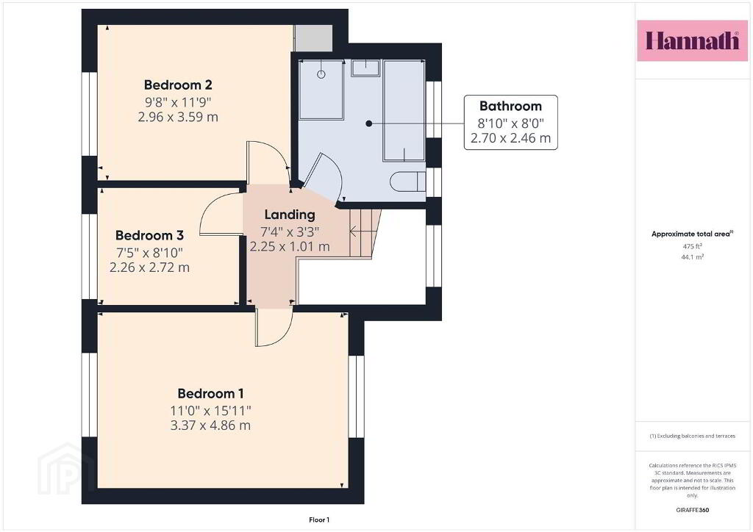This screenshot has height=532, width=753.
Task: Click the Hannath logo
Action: [x=692, y=40]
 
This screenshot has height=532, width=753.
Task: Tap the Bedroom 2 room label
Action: [x=178, y=85]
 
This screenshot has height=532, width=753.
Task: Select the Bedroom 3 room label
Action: [x=149, y=236]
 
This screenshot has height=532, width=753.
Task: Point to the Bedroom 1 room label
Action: [x=210, y=394]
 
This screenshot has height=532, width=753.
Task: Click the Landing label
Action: [x=290, y=215]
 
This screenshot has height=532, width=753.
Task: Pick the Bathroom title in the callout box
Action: [x=510, y=106]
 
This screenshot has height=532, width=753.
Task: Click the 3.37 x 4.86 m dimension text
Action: [x=210, y=425]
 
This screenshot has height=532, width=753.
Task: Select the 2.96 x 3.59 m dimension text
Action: [x=178, y=117]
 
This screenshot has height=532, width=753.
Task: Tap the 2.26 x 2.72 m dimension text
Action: [x=149, y=267]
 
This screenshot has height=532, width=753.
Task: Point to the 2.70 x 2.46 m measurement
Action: [x=510, y=138]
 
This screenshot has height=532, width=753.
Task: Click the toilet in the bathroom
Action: [x=407, y=181]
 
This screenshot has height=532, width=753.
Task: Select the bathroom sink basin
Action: [x=365, y=68]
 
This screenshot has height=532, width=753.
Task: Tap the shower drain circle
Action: [x=321, y=74]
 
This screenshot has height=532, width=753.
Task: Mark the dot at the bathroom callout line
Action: [x=369, y=123]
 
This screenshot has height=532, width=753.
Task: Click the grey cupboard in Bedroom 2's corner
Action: [x=313, y=37]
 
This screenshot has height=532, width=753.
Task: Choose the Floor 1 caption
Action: [x=319, y=520]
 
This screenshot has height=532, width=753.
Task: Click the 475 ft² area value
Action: [x=692, y=246]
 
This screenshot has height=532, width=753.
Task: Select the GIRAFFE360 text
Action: [x=692, y=510]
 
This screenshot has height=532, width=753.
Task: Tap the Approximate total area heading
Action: [x=692, y=234]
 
